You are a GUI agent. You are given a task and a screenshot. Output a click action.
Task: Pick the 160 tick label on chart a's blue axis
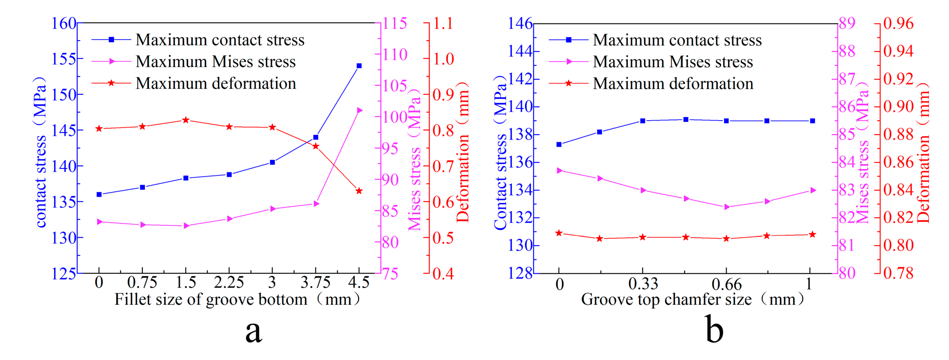(63, 23)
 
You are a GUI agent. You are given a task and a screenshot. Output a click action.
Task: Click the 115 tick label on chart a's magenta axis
(394, 23)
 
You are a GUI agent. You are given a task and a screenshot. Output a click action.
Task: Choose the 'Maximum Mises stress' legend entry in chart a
(216, 62)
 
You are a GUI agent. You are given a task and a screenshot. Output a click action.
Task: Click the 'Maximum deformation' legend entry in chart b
(673, 84)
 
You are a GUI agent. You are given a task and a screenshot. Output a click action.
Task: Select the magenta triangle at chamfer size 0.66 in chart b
(727, 207)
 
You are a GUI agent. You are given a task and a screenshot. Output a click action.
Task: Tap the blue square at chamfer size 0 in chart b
(559, 145)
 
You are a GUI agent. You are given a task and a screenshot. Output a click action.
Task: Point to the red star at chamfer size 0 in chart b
(559, 233)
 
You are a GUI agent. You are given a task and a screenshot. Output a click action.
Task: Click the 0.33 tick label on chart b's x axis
(643, 284)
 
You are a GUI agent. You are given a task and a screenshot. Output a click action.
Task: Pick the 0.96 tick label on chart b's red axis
(898, 23)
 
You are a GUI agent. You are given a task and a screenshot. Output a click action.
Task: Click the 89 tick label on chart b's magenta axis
(847, 23)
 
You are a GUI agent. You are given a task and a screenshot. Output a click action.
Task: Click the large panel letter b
(714, 329)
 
